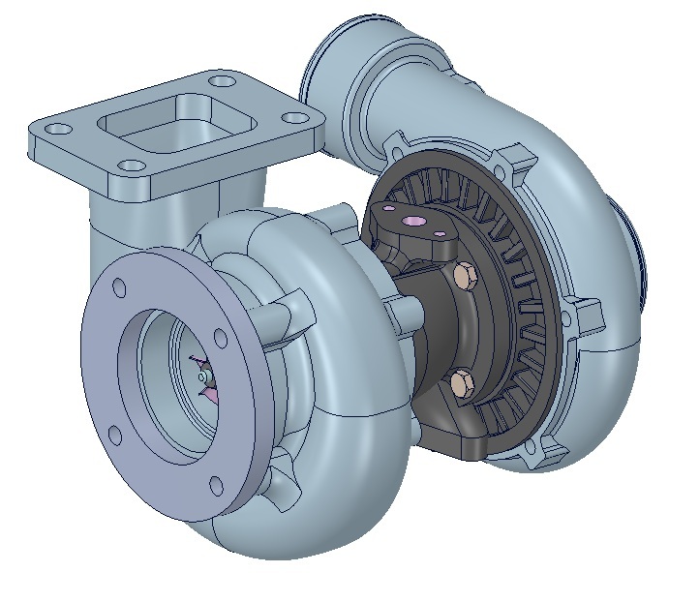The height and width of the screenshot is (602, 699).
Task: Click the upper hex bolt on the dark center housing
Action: point(463,276)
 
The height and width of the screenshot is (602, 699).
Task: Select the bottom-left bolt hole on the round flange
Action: point(112,435)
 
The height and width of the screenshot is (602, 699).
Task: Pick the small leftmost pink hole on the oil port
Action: point(389,206)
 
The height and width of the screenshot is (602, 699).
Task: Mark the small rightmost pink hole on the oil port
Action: point(444,231)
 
